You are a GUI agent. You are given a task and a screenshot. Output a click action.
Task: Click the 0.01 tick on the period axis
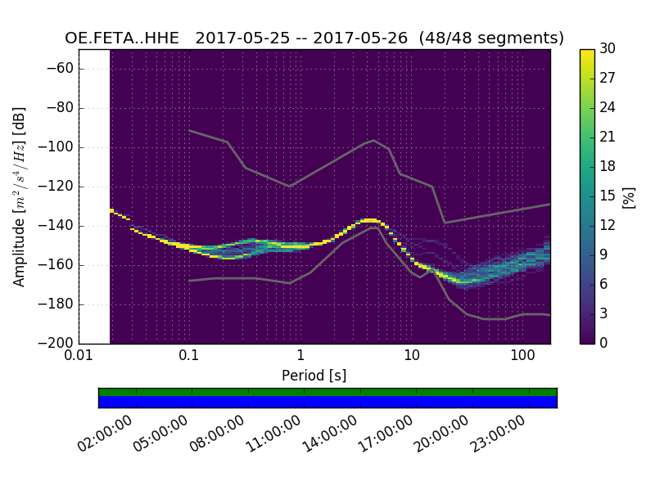(x=79, y=357)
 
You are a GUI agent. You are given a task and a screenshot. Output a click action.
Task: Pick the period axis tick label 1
(x=300, y=357)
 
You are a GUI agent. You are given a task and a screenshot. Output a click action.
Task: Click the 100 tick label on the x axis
(x=522, y=357)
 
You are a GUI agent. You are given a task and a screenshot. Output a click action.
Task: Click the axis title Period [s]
(x=314, y=376)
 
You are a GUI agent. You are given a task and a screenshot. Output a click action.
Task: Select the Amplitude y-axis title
(x=20, y=196)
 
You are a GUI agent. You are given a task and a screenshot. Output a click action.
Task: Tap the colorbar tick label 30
(x=608, y=49)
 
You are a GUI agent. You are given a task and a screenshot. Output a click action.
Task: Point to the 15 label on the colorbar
(x=608, y=196)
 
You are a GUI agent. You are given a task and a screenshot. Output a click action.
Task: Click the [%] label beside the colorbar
(x=629, y=196)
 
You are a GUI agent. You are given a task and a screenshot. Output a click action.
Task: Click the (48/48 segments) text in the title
(x=491, y=38)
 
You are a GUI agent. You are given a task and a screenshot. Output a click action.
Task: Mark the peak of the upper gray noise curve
(x=374, y=140)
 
